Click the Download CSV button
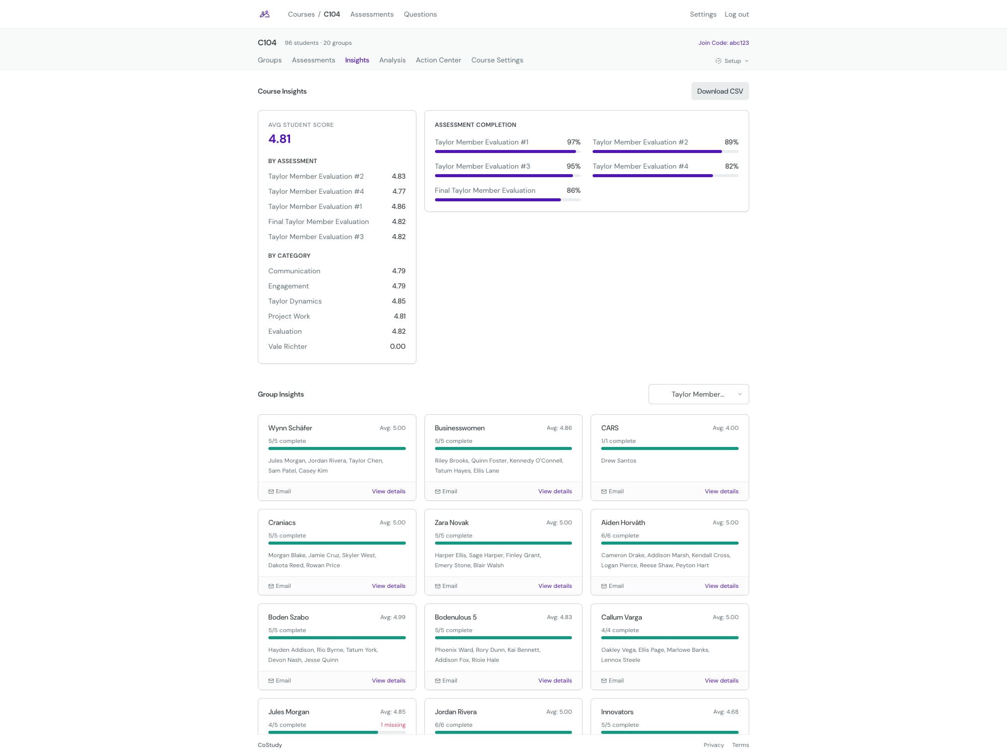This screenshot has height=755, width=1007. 720,91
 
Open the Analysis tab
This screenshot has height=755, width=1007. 392,60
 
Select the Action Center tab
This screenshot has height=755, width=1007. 438,60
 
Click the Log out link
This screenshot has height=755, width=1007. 736,14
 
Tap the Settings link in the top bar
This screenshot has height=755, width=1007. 703,14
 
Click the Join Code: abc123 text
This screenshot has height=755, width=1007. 723,43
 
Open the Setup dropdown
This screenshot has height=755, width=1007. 732,61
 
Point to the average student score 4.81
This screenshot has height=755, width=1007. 279,139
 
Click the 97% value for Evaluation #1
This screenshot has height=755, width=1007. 573,142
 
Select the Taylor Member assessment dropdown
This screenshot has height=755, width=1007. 698,394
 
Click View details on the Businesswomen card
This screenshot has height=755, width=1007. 555,491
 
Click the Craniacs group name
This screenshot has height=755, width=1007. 282,522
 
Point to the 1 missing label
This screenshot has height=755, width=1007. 393,725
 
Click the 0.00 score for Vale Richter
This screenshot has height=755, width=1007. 397,346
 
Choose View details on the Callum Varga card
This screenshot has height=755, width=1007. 721,681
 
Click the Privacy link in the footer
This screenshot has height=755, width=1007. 713,745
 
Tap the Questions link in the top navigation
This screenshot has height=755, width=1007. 420,14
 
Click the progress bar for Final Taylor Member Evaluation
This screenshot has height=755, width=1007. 507,200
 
